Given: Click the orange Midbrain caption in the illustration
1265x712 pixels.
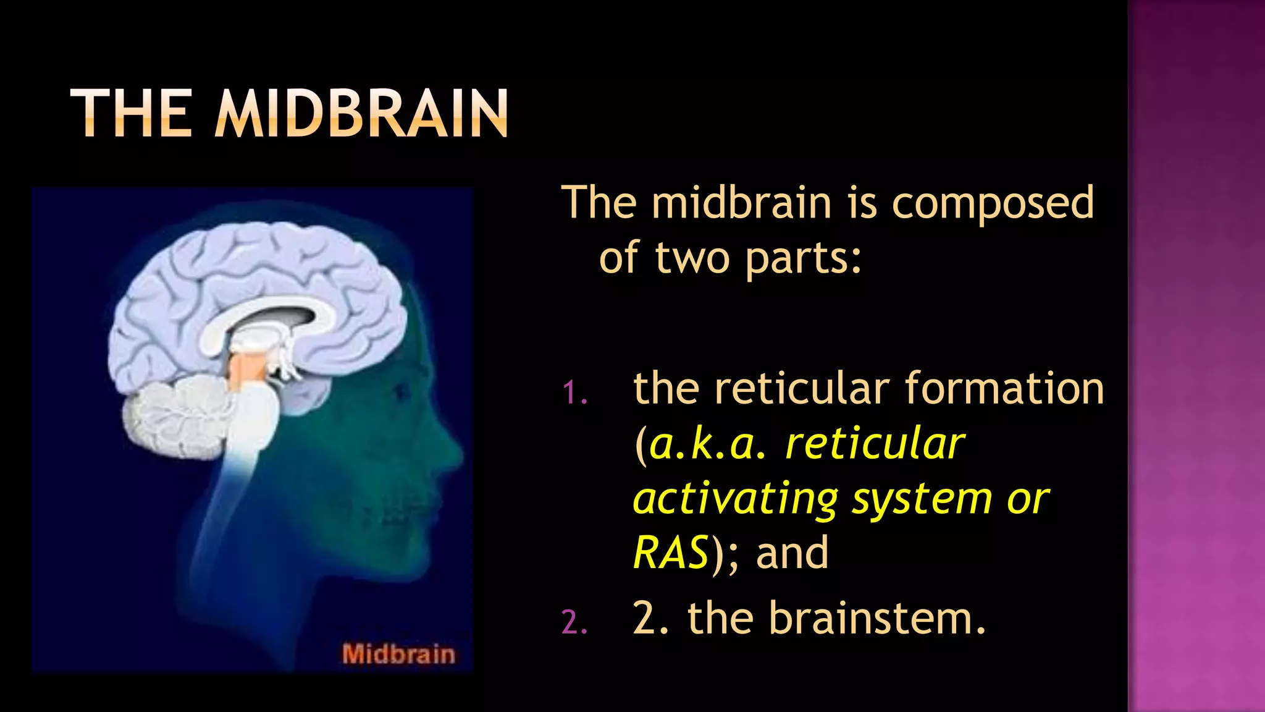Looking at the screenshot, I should coord(398,654).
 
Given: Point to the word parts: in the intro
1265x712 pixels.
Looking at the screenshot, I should coord(803,258).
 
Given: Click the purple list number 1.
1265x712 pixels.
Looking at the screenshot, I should coord(574,393).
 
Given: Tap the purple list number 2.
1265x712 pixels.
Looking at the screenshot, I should coord(574,622).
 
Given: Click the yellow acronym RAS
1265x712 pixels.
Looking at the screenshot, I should coord(671,552).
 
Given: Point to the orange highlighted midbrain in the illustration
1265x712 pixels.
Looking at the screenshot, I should coord(247,371).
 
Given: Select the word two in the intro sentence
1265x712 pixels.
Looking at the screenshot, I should coord(692,258).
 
